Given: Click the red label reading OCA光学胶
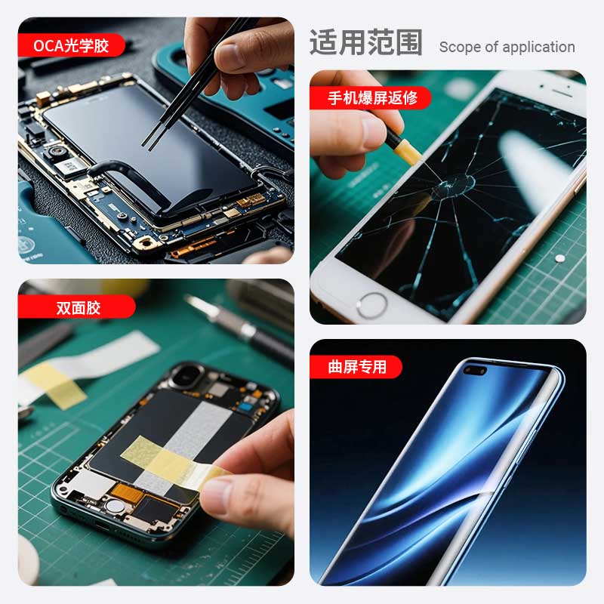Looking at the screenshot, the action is [x=71, y=45].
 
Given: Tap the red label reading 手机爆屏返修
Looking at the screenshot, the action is [x=371, y=98].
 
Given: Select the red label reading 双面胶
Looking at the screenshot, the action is [x=77, y=307].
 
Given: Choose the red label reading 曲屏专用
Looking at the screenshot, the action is [x=356, y=367].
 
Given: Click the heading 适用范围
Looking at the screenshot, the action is [x=366, y=42].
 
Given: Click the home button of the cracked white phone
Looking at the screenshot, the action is [x=371, y=306].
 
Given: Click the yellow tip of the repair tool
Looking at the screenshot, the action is [x=408, y=152].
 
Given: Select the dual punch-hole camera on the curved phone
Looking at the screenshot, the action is [x=475, y=371].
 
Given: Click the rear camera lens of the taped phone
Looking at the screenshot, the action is [x=187, y=375].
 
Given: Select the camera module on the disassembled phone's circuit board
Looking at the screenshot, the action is [x=57, y=153].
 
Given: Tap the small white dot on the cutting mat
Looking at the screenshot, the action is [x=560, y=258].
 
